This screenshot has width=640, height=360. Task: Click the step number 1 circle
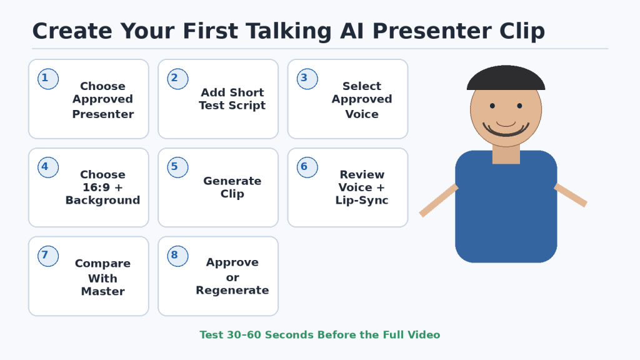click(48, 79)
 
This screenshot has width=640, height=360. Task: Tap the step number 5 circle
click(177, 167)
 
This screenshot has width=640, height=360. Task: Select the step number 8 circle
click(177, 256)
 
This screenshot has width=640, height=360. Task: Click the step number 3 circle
click(307, 79)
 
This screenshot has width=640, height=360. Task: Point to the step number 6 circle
click(307, 167)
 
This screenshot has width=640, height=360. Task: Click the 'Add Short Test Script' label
click(232, 99)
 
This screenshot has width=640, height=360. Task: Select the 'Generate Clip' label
click(232, 187)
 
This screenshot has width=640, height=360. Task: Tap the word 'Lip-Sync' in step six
click(362, 201)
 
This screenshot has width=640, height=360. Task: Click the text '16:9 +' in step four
click(103, 187)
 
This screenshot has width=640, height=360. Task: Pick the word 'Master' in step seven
click(103, 291)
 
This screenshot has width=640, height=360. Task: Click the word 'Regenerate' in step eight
click(232, 291)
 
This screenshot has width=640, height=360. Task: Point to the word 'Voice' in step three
click(362, 114)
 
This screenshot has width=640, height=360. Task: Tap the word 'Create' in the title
click(72, 31)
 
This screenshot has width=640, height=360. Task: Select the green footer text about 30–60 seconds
click(319, 335)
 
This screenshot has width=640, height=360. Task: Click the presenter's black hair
click(506, 78)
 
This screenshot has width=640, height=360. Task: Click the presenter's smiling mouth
click(506, 131)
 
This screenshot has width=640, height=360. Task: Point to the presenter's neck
click(506, 154)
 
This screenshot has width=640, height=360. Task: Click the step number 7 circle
click(48, 256)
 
